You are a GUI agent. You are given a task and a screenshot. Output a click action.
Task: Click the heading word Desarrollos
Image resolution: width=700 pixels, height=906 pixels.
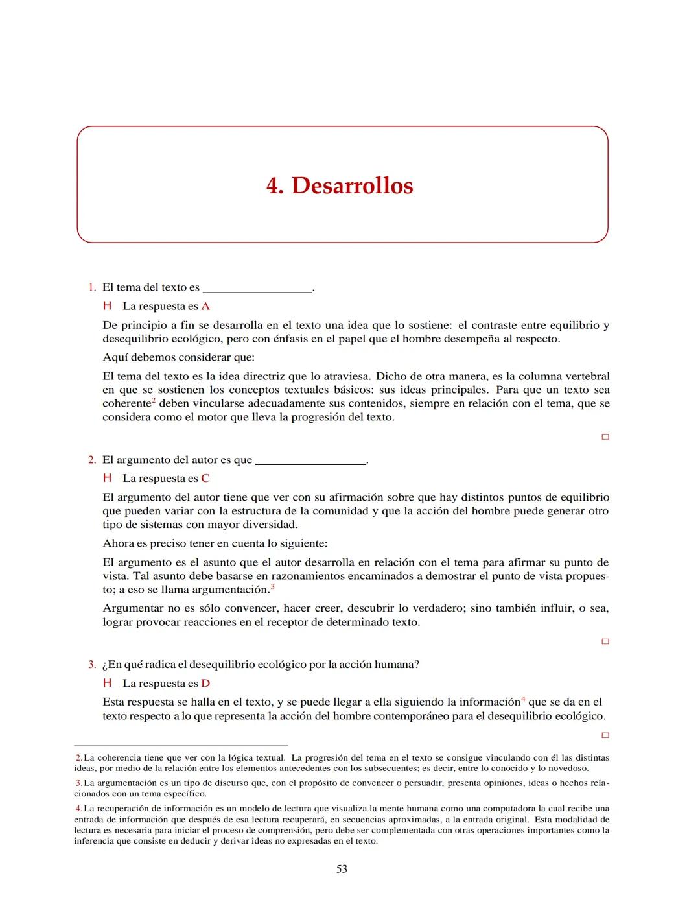coord(352,185)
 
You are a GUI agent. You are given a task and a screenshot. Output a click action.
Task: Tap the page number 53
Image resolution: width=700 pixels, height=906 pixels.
coord(342,869)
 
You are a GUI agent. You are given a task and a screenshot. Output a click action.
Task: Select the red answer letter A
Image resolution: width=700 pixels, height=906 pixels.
coord(205,306)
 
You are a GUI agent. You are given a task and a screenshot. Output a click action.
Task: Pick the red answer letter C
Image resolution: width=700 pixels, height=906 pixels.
coord(205,479)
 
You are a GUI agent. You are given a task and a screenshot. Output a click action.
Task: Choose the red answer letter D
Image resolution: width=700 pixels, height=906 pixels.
coord(205,684)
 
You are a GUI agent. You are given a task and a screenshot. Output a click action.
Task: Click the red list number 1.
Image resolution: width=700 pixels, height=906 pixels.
coord(92,287)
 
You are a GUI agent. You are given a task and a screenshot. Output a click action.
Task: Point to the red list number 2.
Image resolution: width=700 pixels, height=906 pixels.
coord(92,460)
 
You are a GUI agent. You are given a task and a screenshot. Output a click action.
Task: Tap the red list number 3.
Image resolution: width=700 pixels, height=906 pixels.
coord(92,665)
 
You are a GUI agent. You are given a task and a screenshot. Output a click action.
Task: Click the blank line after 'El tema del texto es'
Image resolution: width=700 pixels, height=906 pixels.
coord(257,291)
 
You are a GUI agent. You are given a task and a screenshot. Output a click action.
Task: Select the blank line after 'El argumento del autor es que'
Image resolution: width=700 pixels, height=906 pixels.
coord(311,464)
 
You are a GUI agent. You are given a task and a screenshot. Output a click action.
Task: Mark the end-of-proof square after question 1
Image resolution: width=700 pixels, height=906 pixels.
coord(605,437)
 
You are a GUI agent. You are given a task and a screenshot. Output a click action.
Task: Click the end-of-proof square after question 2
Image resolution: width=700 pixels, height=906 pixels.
coord(605,642)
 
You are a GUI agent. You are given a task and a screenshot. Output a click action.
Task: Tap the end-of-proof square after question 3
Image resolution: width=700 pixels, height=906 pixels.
coord(605,736)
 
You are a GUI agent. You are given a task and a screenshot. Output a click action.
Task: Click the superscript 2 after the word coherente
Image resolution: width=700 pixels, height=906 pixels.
coord(154,400)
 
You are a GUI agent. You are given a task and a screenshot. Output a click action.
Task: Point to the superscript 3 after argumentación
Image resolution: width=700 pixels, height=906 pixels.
coord(273,587)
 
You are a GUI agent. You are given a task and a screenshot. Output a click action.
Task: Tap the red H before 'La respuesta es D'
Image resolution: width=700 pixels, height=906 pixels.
coord(108,684)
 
